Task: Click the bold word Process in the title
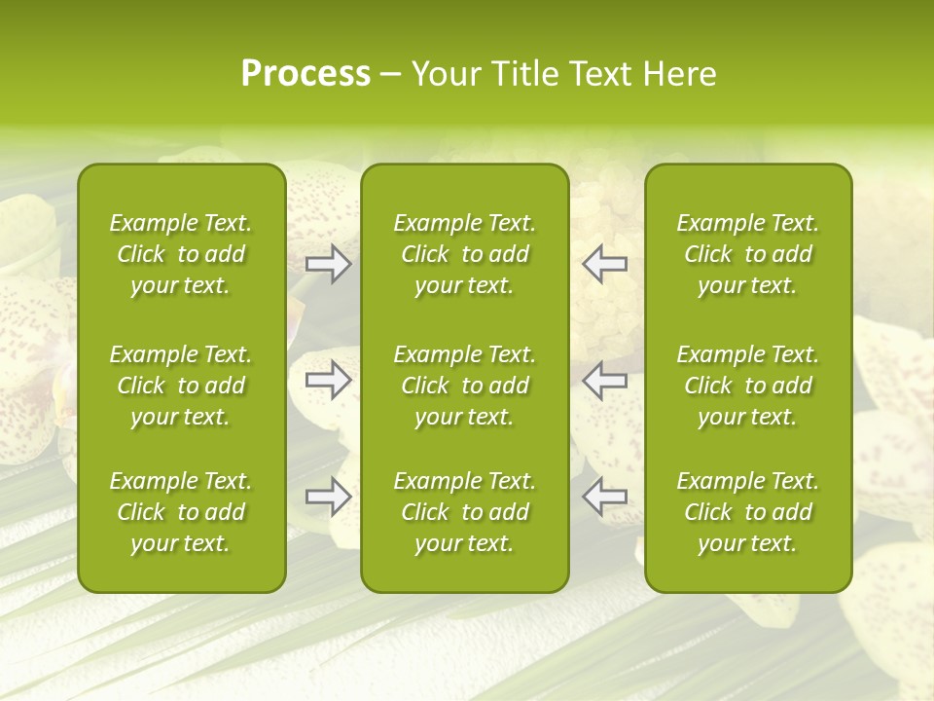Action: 305,74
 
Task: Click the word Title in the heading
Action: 518,74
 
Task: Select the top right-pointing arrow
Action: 329,264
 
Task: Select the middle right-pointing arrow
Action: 329,380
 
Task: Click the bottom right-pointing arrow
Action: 329,497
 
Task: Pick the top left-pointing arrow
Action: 604,264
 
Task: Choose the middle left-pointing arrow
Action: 604,380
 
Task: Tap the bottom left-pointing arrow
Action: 604,497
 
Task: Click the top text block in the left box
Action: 181,254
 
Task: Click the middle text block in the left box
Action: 181,386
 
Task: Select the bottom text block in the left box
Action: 181,512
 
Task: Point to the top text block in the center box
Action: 464,254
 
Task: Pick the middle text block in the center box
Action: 464,386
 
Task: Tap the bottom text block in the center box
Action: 464,512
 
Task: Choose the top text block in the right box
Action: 747,254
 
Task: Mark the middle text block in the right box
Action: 747,386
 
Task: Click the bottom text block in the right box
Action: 747,512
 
